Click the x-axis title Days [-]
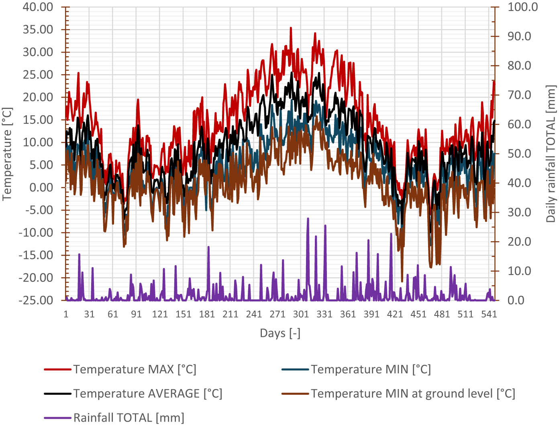(x=280, y=333)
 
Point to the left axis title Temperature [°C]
(x=7, y=154)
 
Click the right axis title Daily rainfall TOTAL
(x=551, y=154)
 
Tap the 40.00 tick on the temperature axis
(x=38, y=7)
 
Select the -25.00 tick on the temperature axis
(x=36, y=300)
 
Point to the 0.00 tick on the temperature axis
(x=41, y=187)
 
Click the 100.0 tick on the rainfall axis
(x=522, y=7)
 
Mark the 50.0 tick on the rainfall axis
(x=519, y=154)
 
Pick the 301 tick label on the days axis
(x=301, y=314)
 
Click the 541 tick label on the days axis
(x=489, y=314)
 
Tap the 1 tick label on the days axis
(x=66, y=314)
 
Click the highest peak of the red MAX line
(x=291, y=28)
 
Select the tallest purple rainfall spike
(x=308, y=219)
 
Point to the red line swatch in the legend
(x=57, y=369)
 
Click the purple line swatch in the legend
(x=57, y=418)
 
